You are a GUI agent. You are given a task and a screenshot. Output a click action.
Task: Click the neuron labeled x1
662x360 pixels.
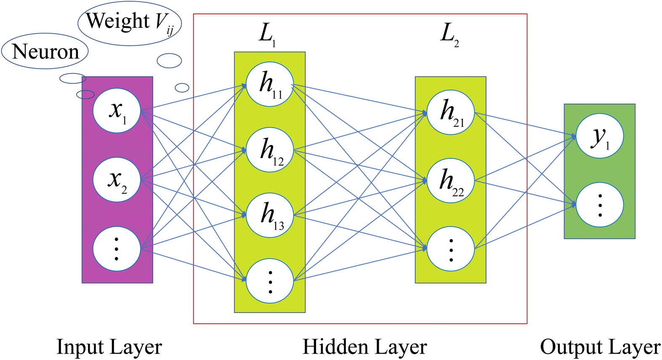117,111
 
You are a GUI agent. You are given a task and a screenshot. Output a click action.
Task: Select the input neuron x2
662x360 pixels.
117,180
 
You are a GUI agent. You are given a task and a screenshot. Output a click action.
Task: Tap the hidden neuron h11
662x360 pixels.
270,84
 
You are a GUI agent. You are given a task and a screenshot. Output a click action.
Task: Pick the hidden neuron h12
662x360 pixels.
270,150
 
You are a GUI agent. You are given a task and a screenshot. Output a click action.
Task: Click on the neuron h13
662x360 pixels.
270,215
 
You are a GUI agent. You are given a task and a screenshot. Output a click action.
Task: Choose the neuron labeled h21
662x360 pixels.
451,112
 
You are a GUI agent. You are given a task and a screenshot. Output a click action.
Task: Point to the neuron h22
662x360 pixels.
451,181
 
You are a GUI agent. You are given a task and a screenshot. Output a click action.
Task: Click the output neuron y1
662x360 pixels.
600,136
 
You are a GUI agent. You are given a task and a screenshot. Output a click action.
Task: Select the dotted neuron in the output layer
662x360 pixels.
600,205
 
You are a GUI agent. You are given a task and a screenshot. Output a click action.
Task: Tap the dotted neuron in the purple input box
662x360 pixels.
117,249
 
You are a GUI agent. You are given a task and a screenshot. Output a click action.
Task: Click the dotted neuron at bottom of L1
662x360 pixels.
270,281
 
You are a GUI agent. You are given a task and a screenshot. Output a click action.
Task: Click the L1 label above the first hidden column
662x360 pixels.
267,35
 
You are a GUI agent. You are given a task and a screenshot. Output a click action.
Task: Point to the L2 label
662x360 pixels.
449,35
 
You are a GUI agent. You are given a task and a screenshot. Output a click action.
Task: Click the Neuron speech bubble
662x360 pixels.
45,51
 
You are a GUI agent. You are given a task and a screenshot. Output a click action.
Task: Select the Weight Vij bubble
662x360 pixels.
130,23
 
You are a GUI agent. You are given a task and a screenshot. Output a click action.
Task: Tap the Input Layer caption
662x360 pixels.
109,347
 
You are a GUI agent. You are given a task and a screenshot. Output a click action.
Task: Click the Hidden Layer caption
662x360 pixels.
364,347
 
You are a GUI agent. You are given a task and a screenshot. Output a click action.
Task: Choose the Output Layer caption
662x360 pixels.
600,347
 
